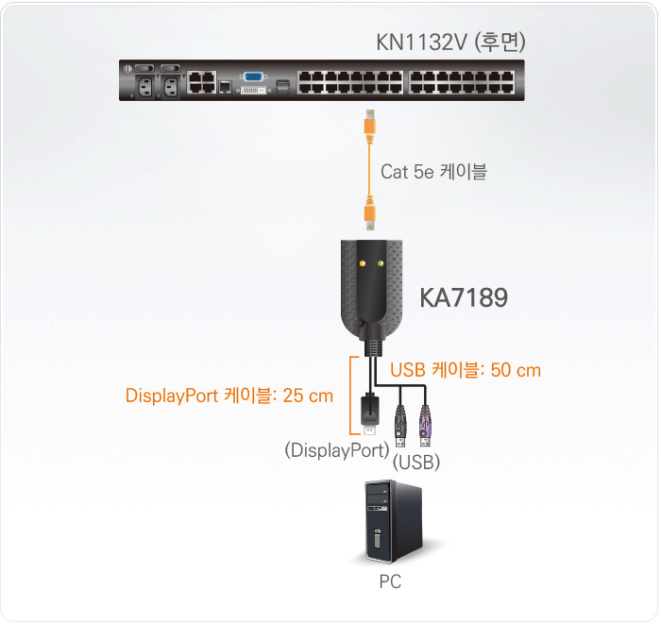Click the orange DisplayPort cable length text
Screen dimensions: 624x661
pos(229,396)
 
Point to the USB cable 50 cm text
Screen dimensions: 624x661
pos(466,370)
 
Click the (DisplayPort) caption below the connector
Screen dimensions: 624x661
pos(336,450)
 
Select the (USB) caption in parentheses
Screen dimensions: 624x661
pos(416,464)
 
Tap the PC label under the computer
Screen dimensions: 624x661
pos(389,582)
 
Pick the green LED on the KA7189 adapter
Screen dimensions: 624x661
pos(381,263)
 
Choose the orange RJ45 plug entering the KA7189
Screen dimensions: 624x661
pos(371,216)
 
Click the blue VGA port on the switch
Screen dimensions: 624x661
pos(254,76)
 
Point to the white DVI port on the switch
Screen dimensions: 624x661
pos(253,92)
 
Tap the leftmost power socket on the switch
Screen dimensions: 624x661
pos(146,84)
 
